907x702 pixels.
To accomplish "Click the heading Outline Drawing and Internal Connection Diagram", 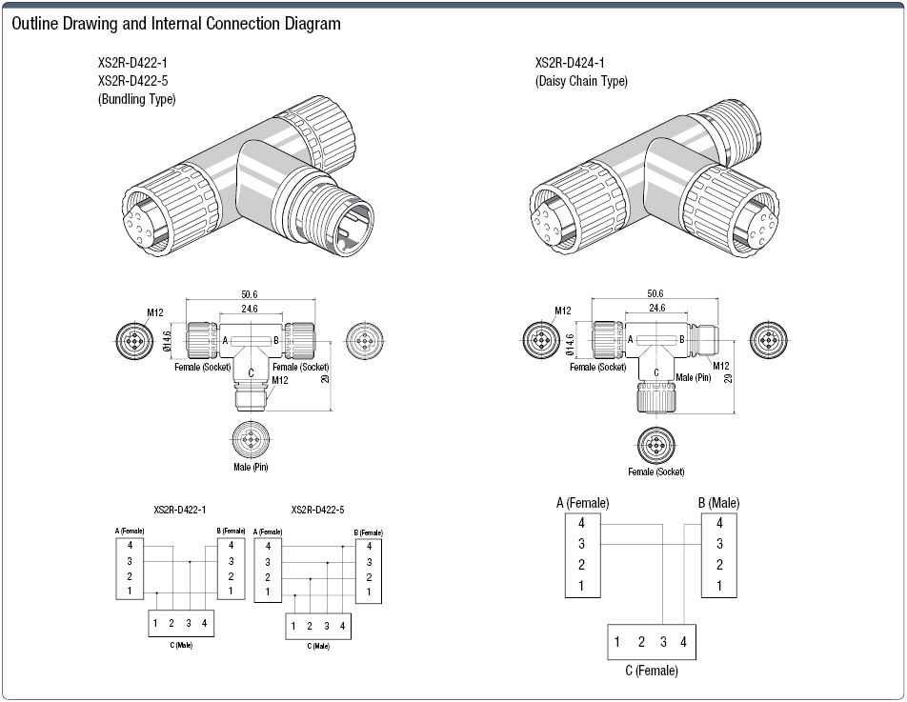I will coord(175,24).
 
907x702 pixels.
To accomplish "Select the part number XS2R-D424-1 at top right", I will coord(571,64).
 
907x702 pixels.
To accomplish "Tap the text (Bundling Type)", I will coord(137,99).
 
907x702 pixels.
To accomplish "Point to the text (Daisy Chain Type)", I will coord(581,82).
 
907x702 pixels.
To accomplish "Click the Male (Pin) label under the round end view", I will coord(251,467).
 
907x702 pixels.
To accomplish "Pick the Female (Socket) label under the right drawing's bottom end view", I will coord(655,471).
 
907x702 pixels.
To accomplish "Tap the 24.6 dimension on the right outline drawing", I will coord(656,308).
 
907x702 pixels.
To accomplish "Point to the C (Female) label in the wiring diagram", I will coord(652,672).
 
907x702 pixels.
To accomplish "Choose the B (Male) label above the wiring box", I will coord(717,503).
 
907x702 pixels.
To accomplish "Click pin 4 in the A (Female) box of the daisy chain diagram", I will coord(581,523).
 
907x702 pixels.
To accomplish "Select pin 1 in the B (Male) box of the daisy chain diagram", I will coord(719,586).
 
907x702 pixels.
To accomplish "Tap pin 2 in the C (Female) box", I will coord(642,642).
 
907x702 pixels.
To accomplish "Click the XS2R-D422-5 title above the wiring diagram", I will coord(317,511).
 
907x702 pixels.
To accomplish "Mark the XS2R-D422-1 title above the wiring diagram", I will coord(180,511).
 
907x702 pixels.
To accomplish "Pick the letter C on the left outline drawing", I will coord(251,373).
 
